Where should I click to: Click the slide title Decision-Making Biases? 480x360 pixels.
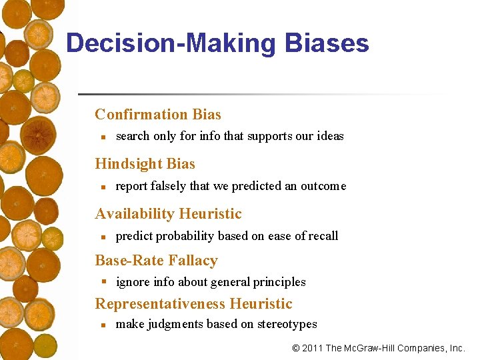[217, 43]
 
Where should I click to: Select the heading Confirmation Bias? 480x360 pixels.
[158, 114]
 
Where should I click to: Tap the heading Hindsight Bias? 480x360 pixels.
[145, 163]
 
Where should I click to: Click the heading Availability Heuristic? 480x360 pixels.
[168, 213]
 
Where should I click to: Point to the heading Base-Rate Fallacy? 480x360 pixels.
[156, 260]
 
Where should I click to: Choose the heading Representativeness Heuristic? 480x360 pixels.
[193, 303]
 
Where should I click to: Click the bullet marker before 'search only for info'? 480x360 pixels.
[101, 137]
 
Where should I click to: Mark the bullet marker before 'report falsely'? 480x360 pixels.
[101, 187]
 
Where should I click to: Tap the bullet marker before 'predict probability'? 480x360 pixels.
[101, 237]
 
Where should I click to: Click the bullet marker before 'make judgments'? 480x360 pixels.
[101, 325]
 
